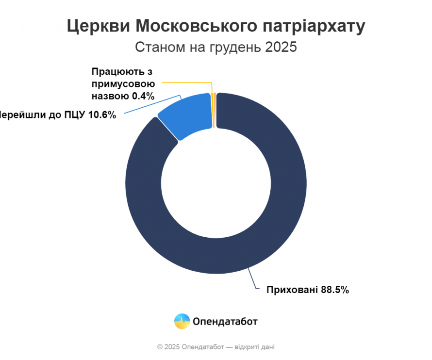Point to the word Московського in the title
coord(194,27)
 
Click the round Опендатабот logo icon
coord(182,321)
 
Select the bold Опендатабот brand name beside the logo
coord(225,321)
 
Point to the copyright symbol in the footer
coord(160,347)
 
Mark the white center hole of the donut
coord(216,184)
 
